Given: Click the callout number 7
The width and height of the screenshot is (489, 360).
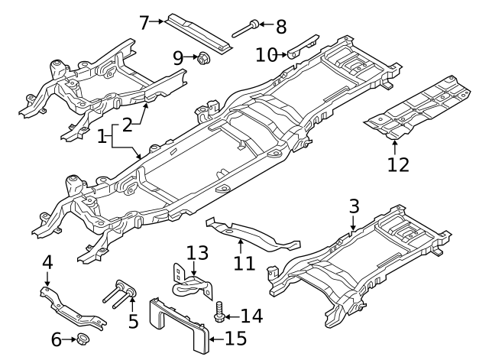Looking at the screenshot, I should click(143, 21).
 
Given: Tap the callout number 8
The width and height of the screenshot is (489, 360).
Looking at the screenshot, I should click(281, 28).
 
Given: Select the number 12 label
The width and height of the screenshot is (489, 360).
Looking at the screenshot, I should click(398, 164).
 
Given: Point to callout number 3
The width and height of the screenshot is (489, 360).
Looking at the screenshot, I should click(354, 206).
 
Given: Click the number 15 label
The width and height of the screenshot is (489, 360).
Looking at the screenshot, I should click(235, 337).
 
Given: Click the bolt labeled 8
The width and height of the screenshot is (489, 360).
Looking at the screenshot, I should click(244, 29).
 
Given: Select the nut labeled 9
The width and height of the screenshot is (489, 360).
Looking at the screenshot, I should click(204, 57).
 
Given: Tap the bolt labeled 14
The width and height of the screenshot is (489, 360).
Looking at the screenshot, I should click(222, 313).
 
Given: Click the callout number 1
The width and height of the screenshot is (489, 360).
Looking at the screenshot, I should click(102, 138).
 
